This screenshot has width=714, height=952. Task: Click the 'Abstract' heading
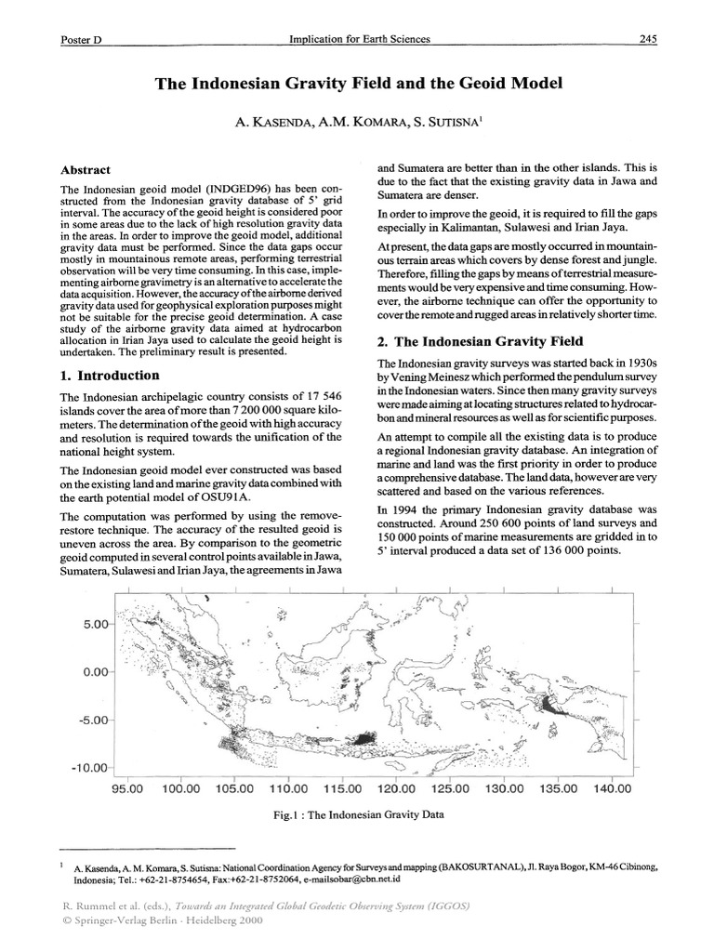point(86,170)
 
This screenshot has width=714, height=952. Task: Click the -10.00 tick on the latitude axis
point(91,768)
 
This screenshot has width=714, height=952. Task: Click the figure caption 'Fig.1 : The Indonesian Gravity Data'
point(356,814)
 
